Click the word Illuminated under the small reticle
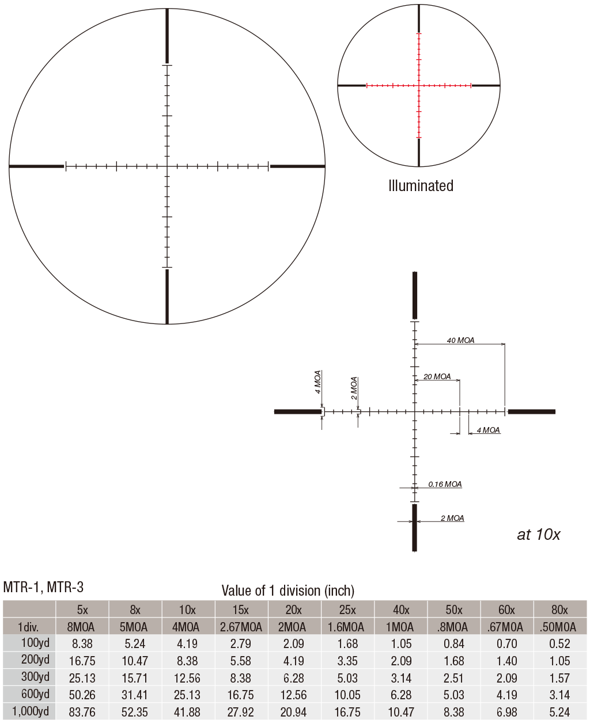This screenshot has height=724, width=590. pos(421,186)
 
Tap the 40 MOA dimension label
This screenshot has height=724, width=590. pos(460,340)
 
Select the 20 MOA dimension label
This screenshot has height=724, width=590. pos(437,376)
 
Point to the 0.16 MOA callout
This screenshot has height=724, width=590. pos(445,484)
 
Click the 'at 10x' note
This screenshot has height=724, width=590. pos(538,535)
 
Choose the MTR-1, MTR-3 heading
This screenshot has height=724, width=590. pos(43,587)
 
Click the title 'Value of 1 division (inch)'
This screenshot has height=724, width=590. pos(288,590)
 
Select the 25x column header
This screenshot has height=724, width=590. pos(347,610)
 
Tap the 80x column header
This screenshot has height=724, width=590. pos(559,610)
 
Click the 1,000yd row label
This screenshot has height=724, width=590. pos(31,711)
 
